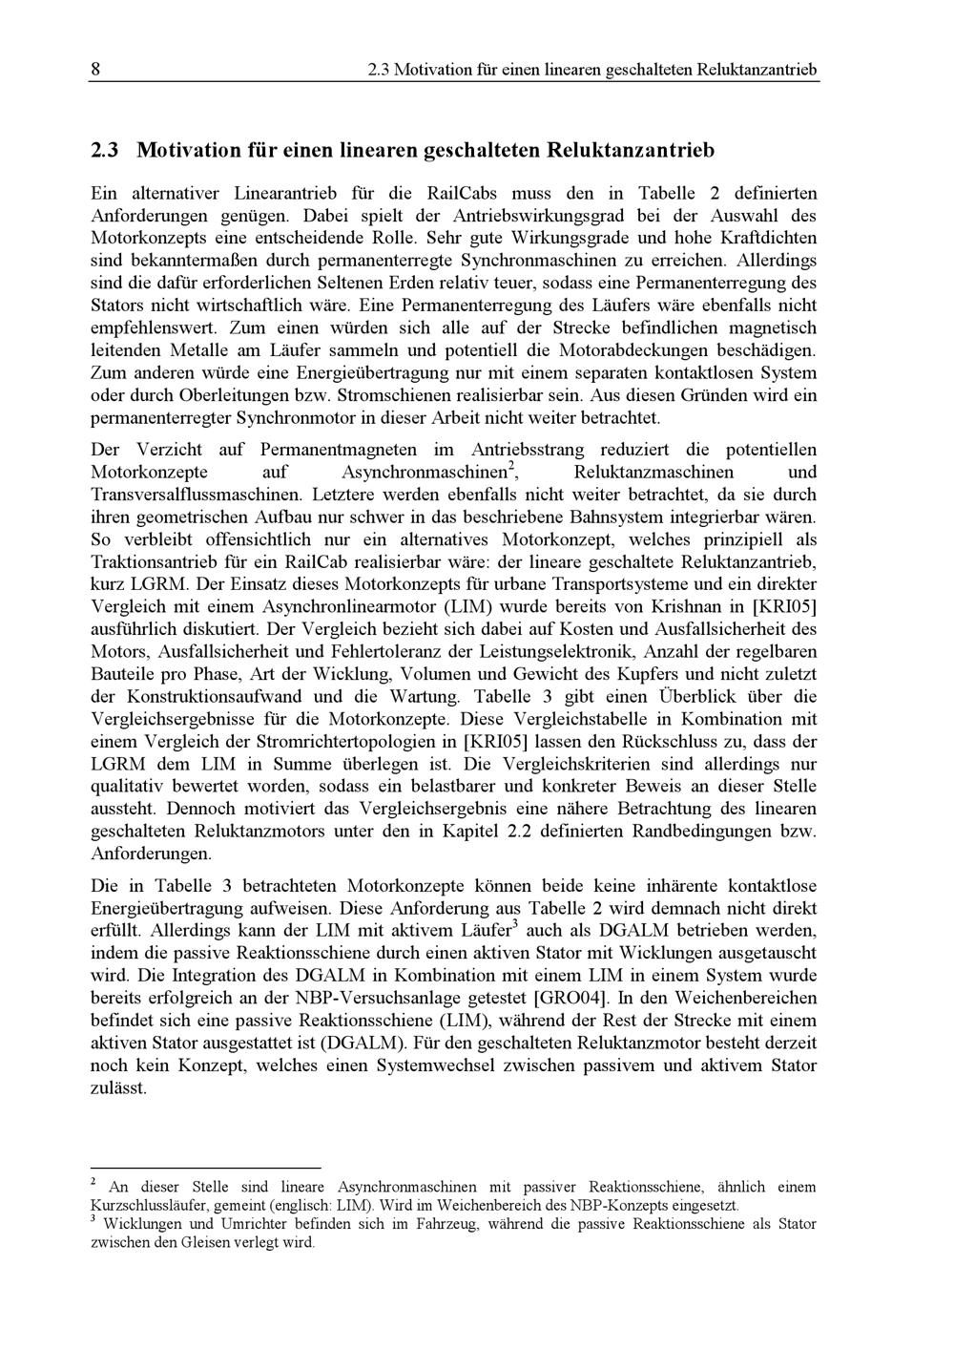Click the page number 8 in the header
click(96, 70)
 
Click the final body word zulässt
click(118, 1088)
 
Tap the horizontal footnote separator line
click(205, 1167)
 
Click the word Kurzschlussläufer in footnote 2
click(149, 1205)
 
